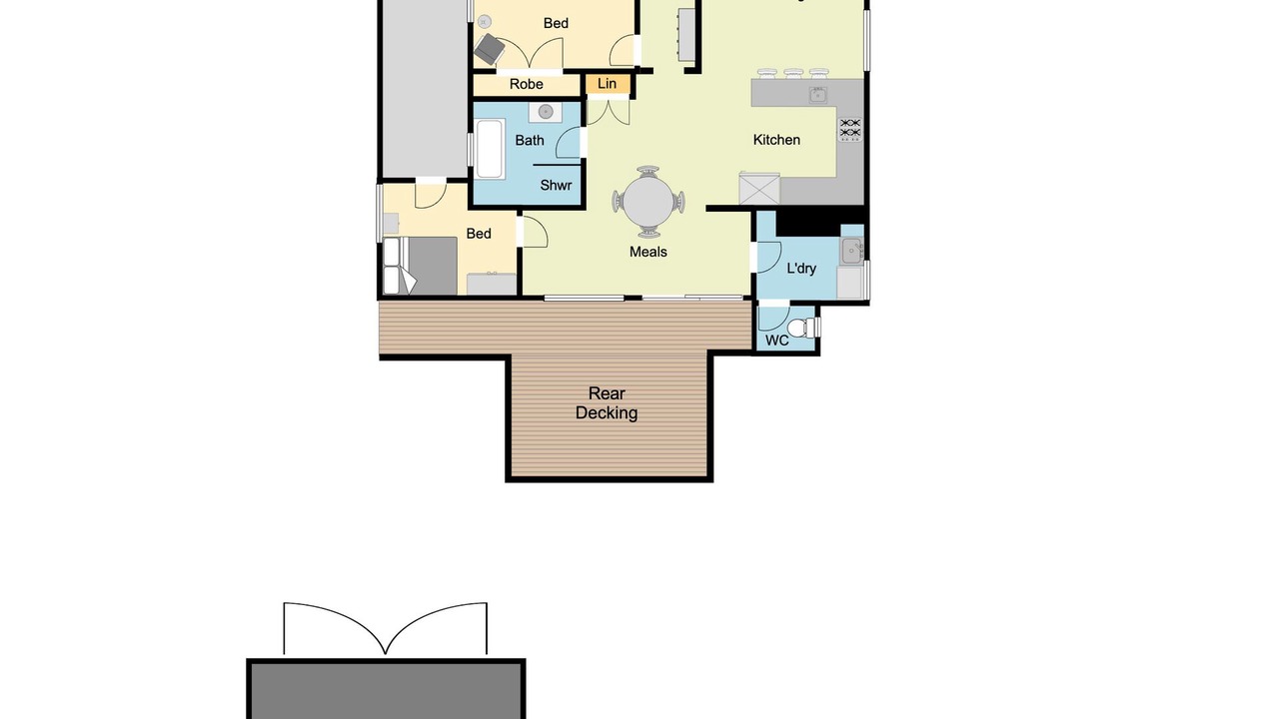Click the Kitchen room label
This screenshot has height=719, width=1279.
[776, 140]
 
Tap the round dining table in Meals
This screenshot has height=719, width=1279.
[648, 202]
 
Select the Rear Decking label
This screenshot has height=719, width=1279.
[607, 402]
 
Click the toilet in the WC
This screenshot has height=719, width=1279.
[802, 328]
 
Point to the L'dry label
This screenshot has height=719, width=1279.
[801, 269]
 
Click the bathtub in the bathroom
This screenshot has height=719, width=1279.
[490, 149]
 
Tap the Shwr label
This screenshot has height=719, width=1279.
[556, 185]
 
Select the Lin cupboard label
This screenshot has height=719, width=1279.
[607, 84]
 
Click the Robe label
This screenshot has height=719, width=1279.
[526, 85]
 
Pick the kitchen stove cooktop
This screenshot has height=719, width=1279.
[850, 130]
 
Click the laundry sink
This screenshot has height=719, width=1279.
[852, 251]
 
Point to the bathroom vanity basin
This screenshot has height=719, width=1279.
[546, 112]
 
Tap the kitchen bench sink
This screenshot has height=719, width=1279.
[817, 95]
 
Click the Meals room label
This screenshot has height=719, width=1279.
[648, 252]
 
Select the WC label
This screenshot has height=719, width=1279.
[776, 341]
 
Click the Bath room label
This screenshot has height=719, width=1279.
[530, 141]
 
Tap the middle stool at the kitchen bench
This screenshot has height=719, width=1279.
[793, 73]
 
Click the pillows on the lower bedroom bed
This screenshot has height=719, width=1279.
[392, 266]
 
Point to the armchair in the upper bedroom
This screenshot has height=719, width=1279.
[490, 49]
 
